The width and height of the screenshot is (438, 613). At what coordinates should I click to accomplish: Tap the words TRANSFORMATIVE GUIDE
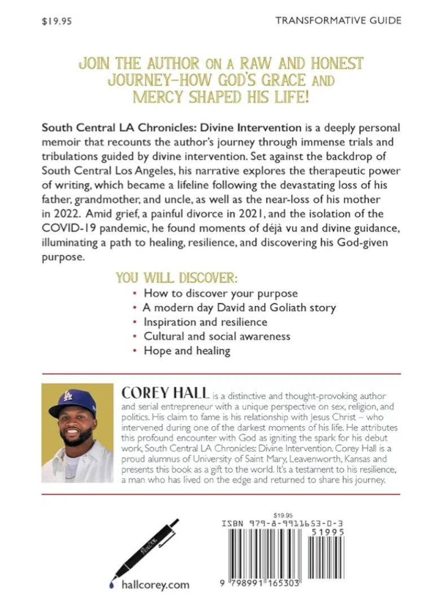339,20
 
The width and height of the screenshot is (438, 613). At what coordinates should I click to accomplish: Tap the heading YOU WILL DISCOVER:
177,278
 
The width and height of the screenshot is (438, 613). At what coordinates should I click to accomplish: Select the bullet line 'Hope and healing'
187,351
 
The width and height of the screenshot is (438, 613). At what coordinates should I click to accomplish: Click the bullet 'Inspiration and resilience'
205,322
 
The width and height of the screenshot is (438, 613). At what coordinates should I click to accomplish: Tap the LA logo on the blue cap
68,395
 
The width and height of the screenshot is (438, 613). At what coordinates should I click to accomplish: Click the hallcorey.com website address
155,585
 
